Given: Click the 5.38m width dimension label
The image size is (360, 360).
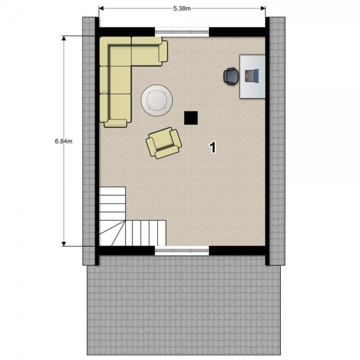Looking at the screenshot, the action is pyautogui.click(x=182, y=8).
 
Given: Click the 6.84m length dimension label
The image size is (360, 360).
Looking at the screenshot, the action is pyautogui.click(x=64, y=141).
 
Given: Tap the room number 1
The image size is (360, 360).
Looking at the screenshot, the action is pyautogui.click(x=213, y=147).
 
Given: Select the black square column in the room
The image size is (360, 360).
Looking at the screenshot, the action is pyautogui.click(x=191, y=118).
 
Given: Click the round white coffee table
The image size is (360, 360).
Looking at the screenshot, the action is pyautogui.click(x=157, y=100).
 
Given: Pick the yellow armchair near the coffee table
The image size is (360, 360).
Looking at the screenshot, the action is pyautogui.click(x=164, y=143).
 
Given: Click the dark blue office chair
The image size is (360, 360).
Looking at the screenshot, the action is pyautogui.click(x=231, y=76).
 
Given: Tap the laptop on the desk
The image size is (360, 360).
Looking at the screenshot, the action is pyautogui.click(x=251, y=76).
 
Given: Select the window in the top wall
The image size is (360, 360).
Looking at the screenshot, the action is pyautogui.click(x=182, y=32).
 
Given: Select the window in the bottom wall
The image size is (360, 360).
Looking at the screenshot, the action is pyautogui.click(x=182, y=250).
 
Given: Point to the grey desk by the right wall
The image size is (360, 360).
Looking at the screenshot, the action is pyautogui.click(x=253, y=77).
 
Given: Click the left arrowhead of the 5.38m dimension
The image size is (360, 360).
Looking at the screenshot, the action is pyautogui.click(x=101, y=8).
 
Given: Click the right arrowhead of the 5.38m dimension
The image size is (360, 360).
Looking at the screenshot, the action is pyautogui.click(x=263, y=8).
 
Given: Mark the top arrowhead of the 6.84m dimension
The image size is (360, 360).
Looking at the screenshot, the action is pyautogui.click(x=64, y=38).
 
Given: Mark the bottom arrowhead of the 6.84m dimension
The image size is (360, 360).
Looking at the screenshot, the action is pyautogui.click(x=64, y=244).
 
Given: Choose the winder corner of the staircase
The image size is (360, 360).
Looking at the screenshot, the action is pyautogui.click(x=112, y=233).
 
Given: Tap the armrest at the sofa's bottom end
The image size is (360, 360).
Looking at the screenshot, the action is pyautogui.click(x=115, y=123).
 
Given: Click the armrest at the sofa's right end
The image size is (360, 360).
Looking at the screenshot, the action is pyautogui.click(x=163, y=51).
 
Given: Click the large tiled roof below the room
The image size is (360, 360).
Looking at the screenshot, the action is pyautogui.click(x=184, y=305).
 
